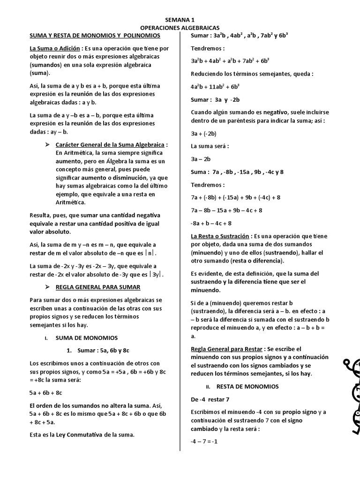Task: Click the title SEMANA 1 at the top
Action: click(x=180, y=20)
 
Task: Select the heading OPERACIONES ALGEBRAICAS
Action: click(x=180, y=28)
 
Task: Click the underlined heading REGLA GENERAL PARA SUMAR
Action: click(x=98, y=286)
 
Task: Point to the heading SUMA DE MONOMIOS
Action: click(x=87, y=337)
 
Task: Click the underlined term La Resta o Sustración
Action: click(x=221, y=236)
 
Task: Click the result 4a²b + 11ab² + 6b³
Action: click(x=215, y=87)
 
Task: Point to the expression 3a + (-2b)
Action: click(x=204, y=133)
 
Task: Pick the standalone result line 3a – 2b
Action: click(x=201, y=159)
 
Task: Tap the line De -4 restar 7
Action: click(x=210, y=399)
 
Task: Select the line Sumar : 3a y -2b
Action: click(x=215, y=99)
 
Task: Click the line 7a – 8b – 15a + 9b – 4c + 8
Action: click(x=226, y=210)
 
